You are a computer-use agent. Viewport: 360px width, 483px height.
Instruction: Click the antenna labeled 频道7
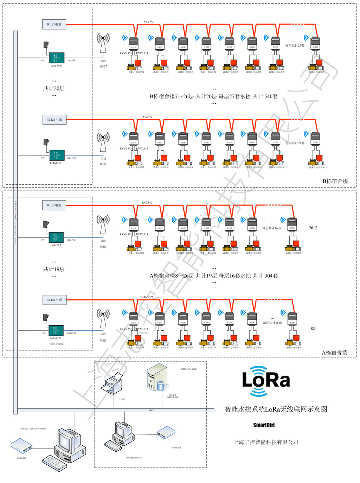pos(103,44)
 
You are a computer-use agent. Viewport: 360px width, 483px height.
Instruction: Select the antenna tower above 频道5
pos(103,142)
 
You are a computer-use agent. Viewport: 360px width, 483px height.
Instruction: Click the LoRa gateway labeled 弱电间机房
pos(56,331)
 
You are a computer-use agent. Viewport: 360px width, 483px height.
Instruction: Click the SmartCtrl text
pos(264,425)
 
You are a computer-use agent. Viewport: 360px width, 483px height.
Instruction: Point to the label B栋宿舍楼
pos(335,181)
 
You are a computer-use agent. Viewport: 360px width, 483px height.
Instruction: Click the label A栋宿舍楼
pos(334,352)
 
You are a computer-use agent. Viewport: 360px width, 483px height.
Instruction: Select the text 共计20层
pos(54,88)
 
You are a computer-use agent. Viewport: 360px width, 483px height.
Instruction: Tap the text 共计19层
pos(54,269)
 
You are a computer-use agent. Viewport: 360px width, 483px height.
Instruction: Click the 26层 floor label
pos(313,228)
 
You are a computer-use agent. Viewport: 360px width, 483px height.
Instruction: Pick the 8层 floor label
pos(314,329)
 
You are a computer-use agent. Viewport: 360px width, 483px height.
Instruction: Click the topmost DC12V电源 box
pos(54,24)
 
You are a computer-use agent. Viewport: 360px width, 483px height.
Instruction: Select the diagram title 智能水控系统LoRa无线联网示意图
pos(276,409)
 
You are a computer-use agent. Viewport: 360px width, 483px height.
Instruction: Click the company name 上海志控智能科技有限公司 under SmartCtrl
pos(266,442)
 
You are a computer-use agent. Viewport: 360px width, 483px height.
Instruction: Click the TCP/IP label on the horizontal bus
pos(152,410)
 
